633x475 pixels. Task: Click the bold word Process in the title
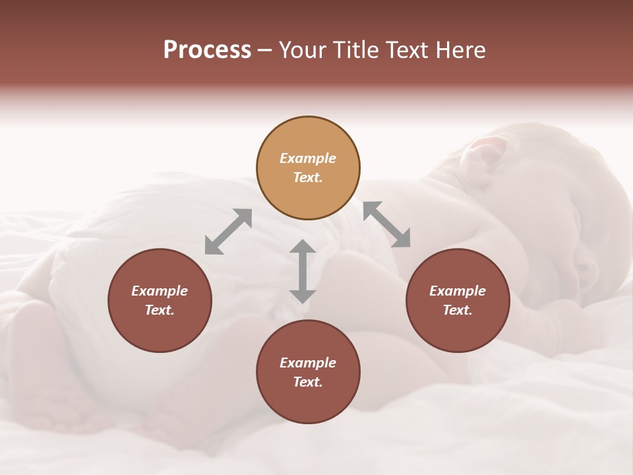click(207, 50)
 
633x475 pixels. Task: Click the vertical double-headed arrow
click(303, 271)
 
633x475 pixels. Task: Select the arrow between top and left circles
click(228, 231)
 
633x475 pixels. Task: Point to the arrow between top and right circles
click(387, 224)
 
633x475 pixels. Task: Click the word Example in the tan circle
click(308, 158)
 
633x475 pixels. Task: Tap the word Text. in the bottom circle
click(308, 382)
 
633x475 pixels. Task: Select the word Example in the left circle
click(160, 291)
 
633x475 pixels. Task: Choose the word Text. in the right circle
click(458, 310)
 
